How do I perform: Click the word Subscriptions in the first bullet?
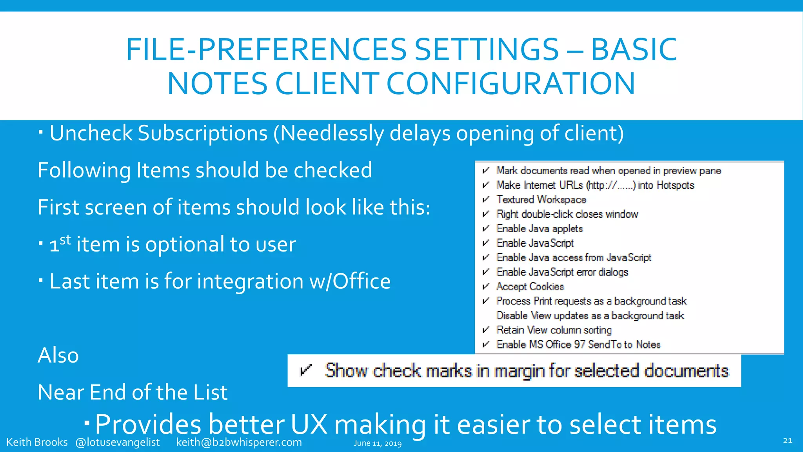click(x=202, y=133)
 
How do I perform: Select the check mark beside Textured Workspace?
click(x=486, y=199)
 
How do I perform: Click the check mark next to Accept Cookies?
click(x=486, y=286)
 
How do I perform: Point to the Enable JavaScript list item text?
click(x=535, y=243)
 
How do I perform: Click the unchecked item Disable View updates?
click(x=590, y=315)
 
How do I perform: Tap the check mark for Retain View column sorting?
click(x=486, y=330)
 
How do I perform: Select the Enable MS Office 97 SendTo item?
click(x=578, y=344)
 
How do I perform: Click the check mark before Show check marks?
click(x=305, y=370)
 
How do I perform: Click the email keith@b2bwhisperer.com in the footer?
click(x=239, y=442)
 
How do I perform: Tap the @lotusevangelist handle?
click(x=118, y=442)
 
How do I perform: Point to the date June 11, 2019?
click(x=378, y=443)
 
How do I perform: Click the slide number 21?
click(x=787, y=441)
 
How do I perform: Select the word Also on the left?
click(x=58, y=355)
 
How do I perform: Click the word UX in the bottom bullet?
click(x=309, y=425)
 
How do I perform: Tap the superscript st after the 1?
click(x=65, y=239)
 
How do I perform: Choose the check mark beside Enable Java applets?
click(x=486, y=228)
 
